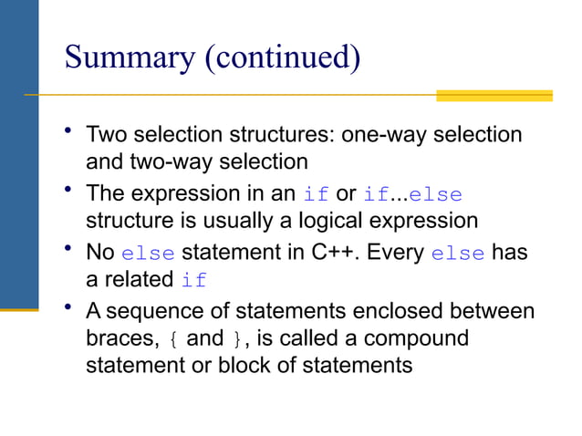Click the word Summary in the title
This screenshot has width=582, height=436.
pyautogui.click(x=128, y=59)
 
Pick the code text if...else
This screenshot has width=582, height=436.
pyautogui.click(x=412, y=194)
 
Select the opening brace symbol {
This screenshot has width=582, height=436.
pyautogui.click(x=175, y=339)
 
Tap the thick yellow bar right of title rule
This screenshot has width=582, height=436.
pyautogui.click(x=494, y=95)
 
